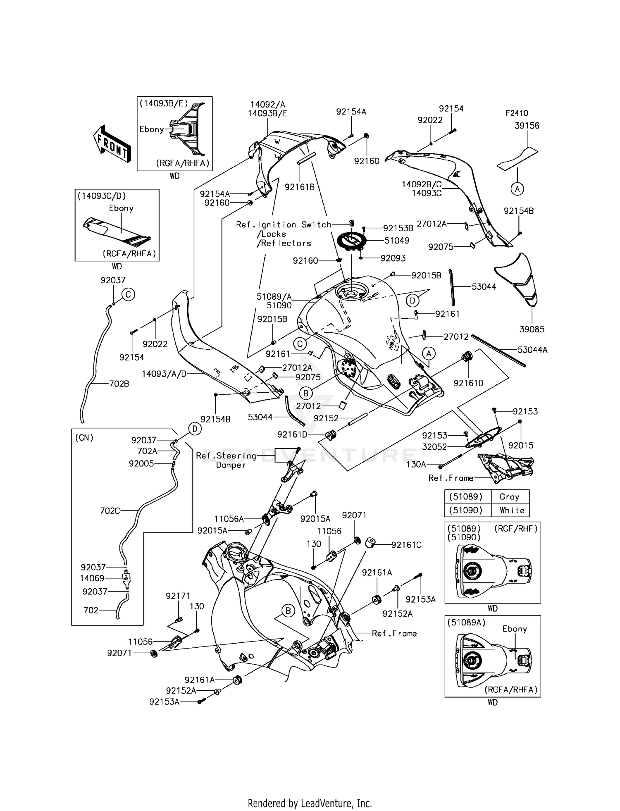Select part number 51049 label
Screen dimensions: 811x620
(397, 241)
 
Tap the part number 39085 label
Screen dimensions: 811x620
(532, 329)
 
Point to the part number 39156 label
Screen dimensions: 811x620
(527, 126)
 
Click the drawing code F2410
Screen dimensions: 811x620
(517, 113)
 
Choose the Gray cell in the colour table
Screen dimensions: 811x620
(509, 497)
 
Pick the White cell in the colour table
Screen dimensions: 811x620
(512, 510)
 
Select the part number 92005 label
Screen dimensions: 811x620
(141, 463)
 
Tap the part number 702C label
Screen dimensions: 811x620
(110, 511)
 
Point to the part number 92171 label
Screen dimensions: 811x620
(178, 596)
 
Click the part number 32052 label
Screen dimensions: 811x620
(434, 446)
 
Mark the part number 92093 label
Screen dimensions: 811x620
(393, 258)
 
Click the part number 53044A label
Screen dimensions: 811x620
(532, 350)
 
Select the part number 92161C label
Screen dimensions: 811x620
(406, 545)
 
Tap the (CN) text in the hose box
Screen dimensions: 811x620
(84, 437)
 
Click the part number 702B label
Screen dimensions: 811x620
(119, 384)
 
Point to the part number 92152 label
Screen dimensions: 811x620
(326, 418)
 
